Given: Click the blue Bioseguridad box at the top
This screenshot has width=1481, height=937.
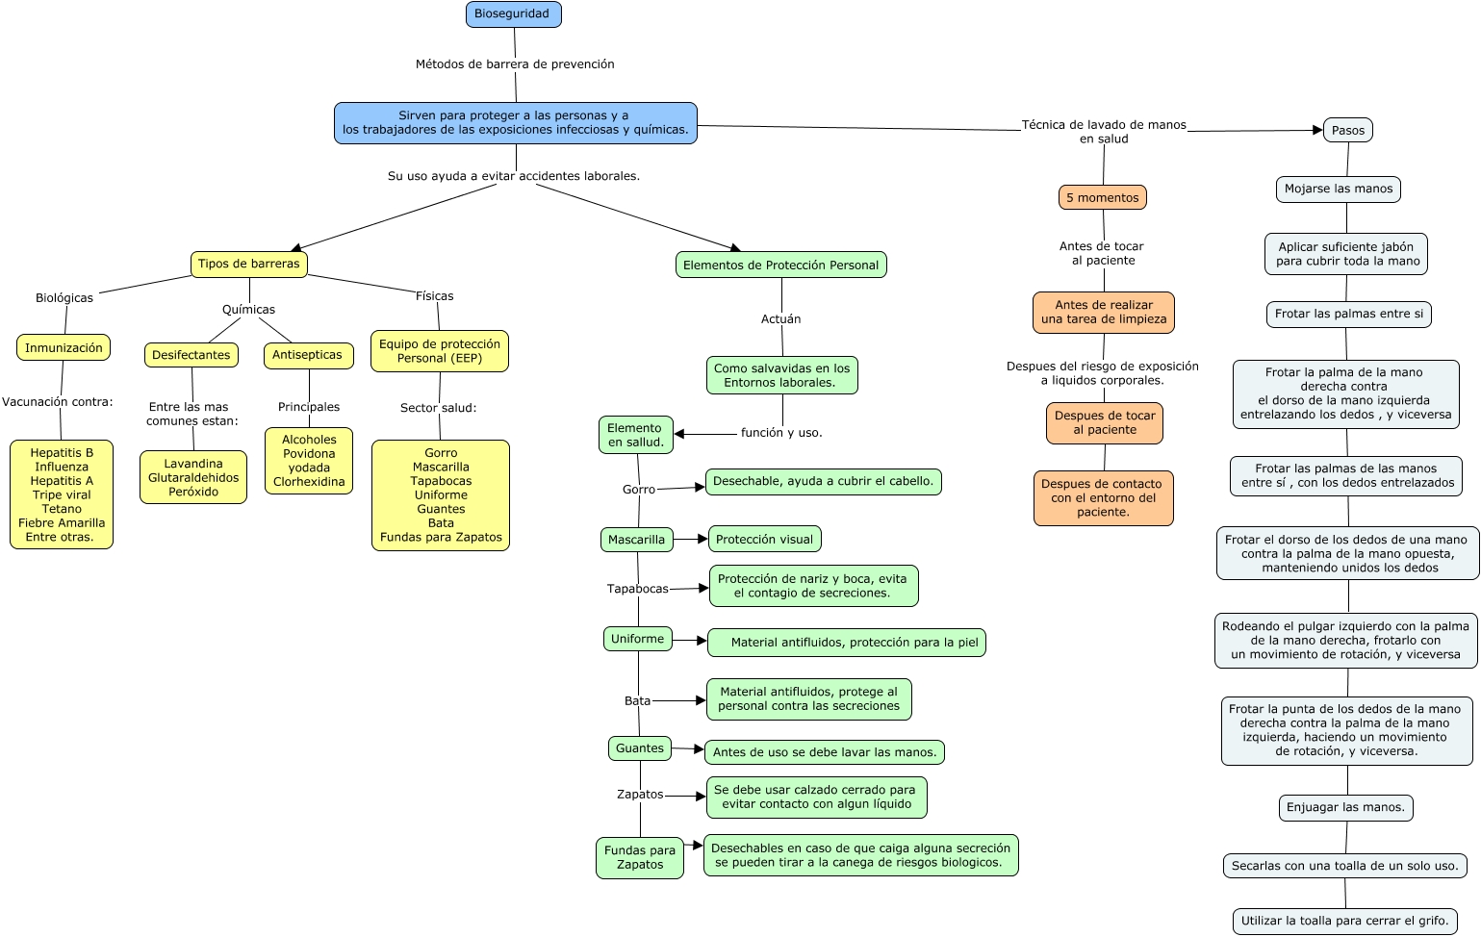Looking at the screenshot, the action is [x=513, y=13].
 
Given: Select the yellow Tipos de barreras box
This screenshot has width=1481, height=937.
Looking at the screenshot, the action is [x=248, y=264].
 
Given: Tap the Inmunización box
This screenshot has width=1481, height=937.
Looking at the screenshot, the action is [x=64, y=347].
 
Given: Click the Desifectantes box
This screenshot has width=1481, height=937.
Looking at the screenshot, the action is [x=192, y=355].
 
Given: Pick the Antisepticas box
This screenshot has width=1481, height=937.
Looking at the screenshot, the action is [x=308, y=355].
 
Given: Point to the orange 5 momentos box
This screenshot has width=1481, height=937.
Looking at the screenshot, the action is [x=1102, y=197].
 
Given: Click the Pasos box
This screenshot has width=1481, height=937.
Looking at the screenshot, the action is [x=1347, y=130].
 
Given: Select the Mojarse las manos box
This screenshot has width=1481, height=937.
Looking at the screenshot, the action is [x=1339, y=189].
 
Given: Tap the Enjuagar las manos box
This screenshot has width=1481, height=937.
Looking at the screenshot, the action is [x=1345, y=807].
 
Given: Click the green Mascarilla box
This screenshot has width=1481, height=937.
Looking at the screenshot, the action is [x=636, y=539].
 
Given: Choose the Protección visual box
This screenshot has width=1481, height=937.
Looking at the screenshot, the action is [x=764, y=539].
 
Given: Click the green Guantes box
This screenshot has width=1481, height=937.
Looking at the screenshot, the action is [x=639, y=748].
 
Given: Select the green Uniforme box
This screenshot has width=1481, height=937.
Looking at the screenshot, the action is [x=637, y=639].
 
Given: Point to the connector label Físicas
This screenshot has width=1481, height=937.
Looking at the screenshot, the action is [x=434, y=296].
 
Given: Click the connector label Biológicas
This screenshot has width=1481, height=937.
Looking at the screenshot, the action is [x=64, y=298].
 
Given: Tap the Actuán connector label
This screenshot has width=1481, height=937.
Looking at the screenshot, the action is [x=780, y=319].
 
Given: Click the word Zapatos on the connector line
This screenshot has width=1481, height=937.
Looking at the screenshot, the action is [x=639, y=795].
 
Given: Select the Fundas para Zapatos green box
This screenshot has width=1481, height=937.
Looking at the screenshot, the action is [x=639, y=858].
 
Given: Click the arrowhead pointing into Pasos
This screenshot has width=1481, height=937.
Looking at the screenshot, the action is [x=1317, y=130].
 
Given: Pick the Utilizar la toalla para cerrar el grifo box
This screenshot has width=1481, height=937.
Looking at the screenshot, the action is [x=1344, y=922].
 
